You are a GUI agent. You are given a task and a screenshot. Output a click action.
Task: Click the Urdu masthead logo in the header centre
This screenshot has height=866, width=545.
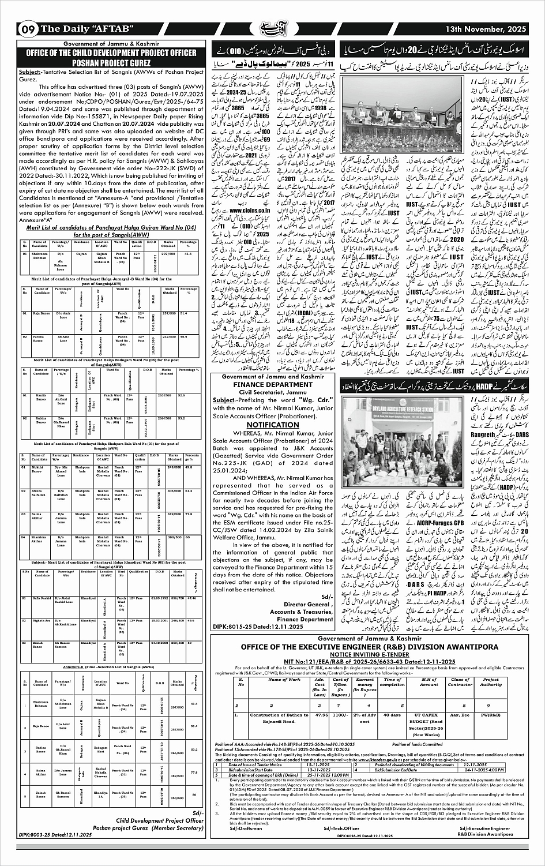click(272, 27)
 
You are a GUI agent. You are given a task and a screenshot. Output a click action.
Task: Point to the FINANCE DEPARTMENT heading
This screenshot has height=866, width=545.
click(272, 384)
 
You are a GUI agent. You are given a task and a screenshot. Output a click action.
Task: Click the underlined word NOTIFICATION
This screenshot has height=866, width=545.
click(272, 425)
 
